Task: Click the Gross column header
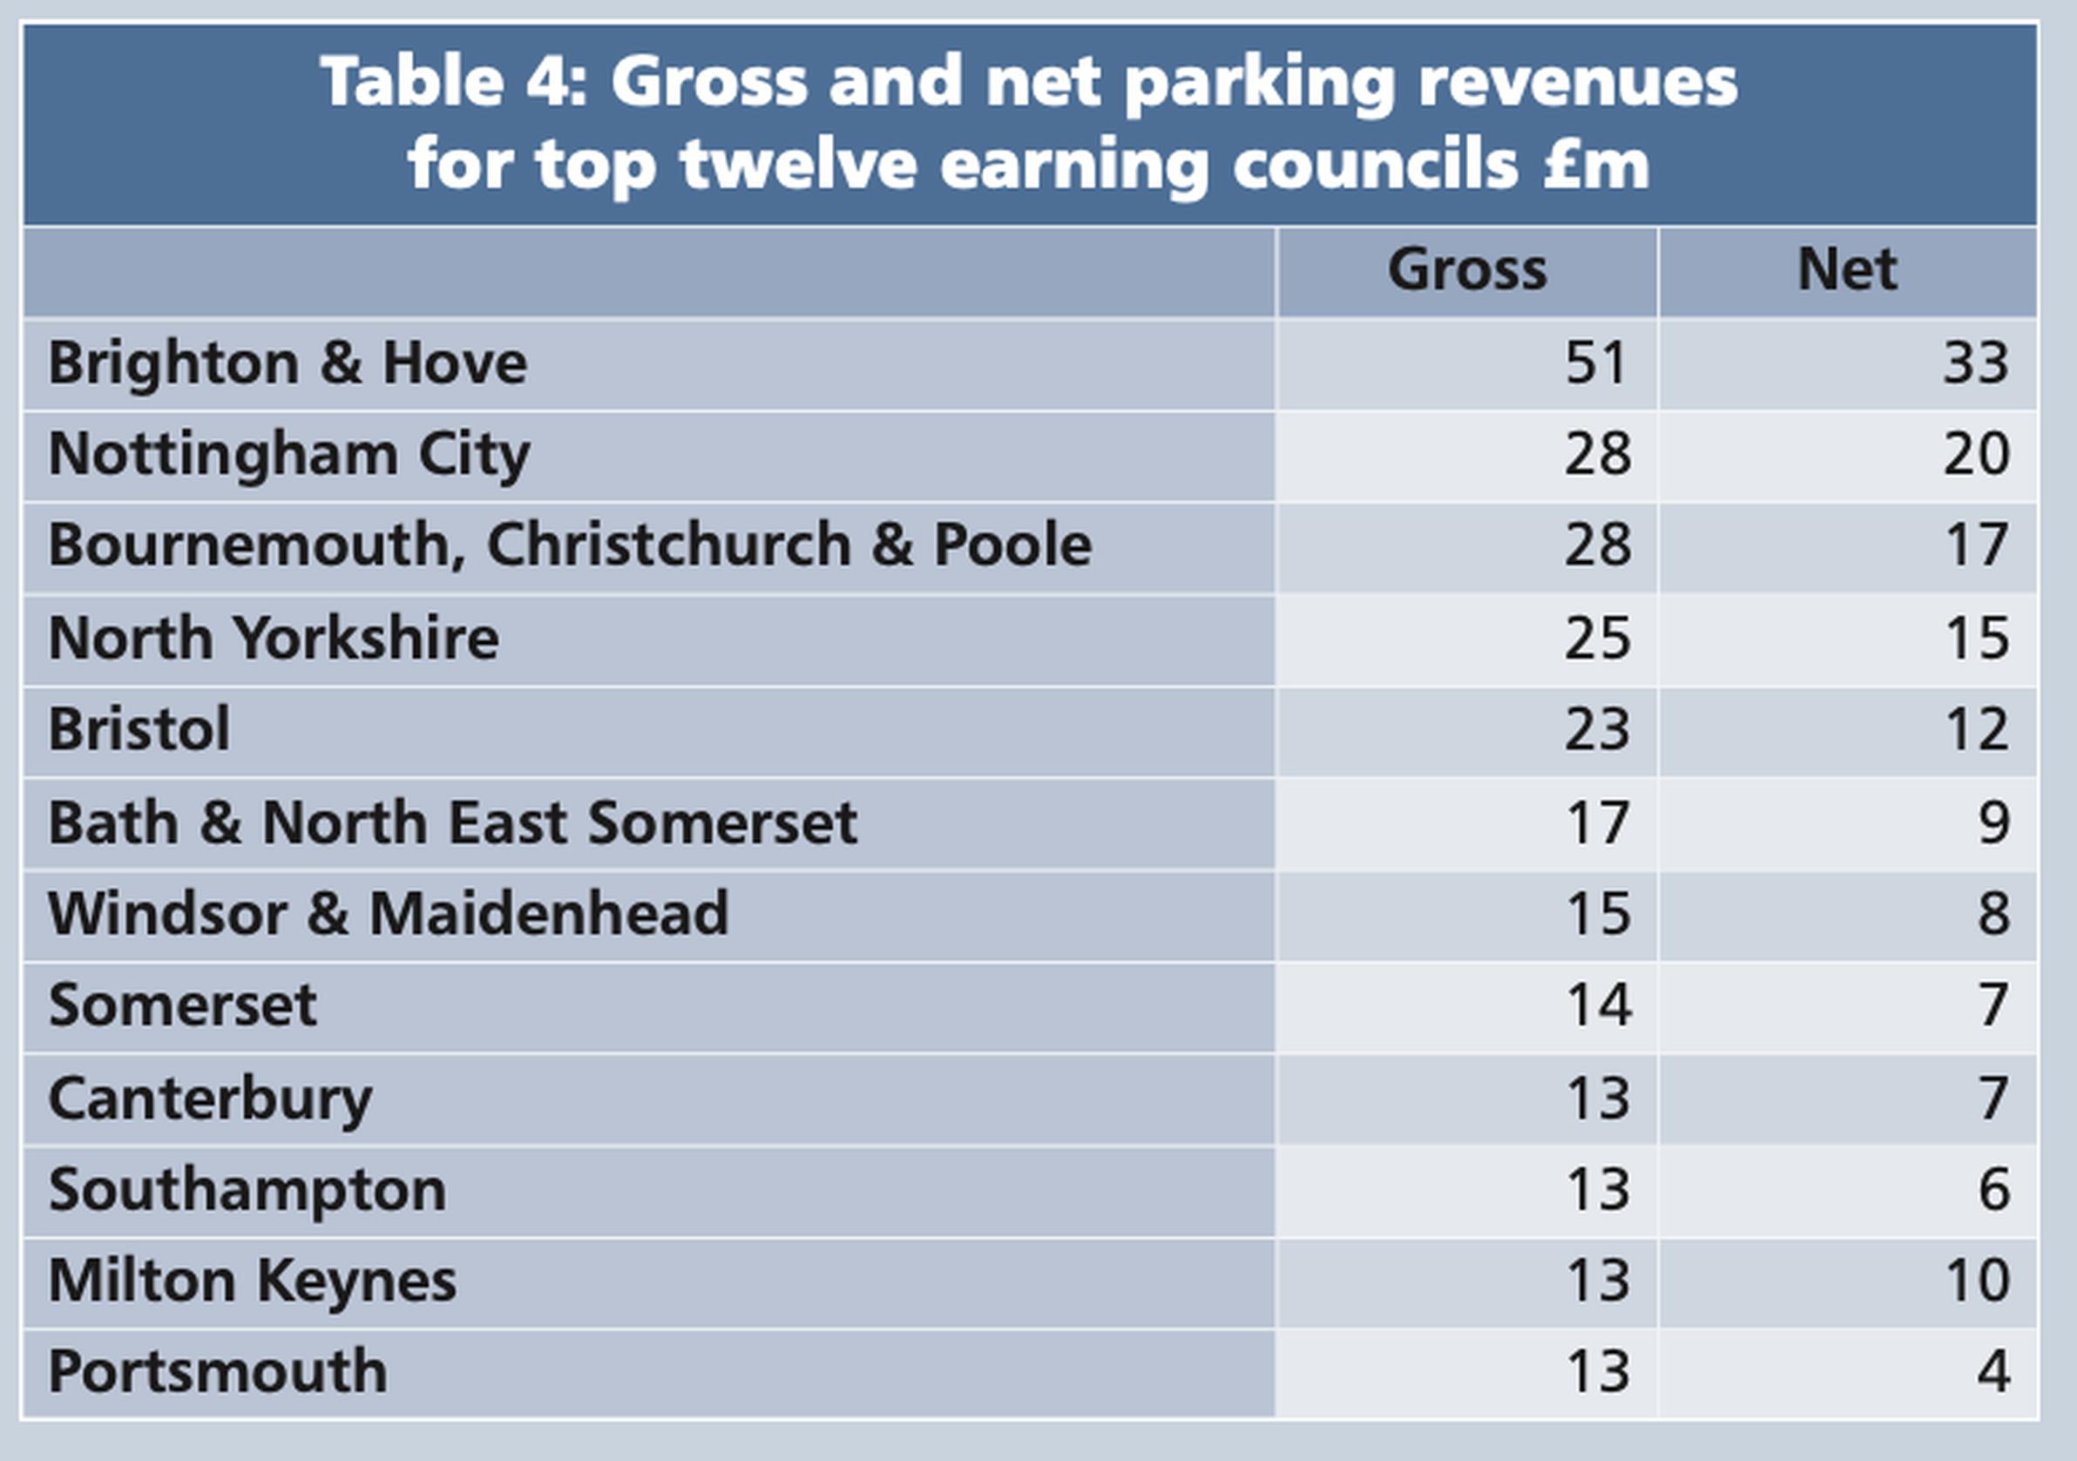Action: [1467, 269]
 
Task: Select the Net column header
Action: [1846, 269]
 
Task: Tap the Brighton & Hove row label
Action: [288, 363]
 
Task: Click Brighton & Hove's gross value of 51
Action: [1597, 363]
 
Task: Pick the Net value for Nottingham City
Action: [1976, 454]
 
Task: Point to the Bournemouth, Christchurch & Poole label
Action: [570, 545]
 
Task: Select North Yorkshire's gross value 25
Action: [1598, 639]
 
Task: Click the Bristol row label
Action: [139, 729]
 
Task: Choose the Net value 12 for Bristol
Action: [1977, 729]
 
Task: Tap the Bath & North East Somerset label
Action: [452, 823]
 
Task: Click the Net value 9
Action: [1993, 823]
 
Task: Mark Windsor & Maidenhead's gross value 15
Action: [1599, 914]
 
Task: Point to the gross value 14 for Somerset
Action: [1599, 1005]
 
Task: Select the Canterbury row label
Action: [210, 1099]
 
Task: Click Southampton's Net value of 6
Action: [1993, 1189]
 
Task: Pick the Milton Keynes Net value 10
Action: [1977, 1281]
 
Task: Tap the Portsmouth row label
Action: [218, 1371]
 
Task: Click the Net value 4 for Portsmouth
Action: [1993, 1371]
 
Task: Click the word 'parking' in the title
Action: [1260, 84]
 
